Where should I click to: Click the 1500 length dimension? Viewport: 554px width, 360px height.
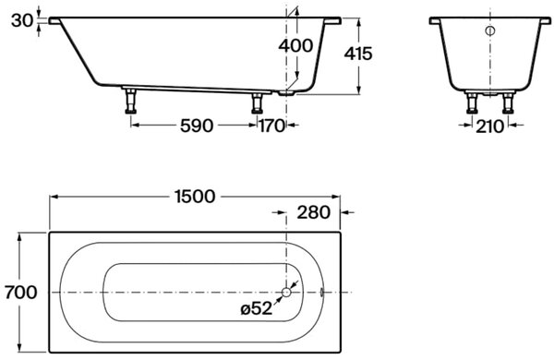[195, 197]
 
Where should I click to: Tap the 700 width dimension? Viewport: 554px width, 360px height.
[21, 293]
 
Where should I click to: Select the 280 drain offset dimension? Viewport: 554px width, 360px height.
[313, 212]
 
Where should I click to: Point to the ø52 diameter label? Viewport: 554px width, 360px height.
[257, 309]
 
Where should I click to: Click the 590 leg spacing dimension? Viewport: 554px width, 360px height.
[197, 126]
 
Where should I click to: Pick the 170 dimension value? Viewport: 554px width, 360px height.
[272, 126]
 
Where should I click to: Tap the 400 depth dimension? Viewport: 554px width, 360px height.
[295, 46]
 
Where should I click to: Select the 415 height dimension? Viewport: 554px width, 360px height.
[358, 54]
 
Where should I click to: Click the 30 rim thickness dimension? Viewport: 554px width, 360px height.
[22, 20]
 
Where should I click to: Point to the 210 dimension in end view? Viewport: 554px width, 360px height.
[489, 126]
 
